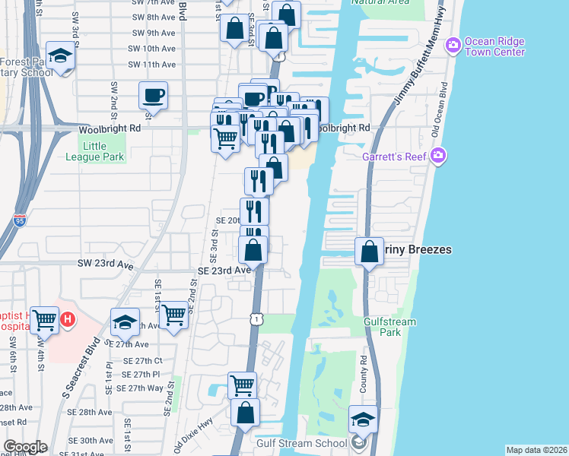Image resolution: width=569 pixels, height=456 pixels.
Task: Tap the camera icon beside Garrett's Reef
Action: coord(437,156)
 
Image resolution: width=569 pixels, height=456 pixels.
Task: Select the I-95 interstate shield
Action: coord(20,220)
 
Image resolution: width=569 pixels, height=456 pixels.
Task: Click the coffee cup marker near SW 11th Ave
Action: coord(153,96)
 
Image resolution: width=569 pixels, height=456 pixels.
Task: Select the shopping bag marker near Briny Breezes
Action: coord(369,252)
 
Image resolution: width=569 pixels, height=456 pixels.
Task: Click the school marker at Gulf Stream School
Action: coord(363,420)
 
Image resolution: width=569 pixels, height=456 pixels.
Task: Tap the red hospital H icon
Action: coord(68,320)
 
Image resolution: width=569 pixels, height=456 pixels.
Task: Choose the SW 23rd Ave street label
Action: coord(105,263)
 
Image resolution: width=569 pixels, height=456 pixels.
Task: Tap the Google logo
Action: coord(25,447)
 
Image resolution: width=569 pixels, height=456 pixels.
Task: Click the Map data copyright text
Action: coord(536,450)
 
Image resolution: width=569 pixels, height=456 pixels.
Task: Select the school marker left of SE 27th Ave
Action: coord(125,322)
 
